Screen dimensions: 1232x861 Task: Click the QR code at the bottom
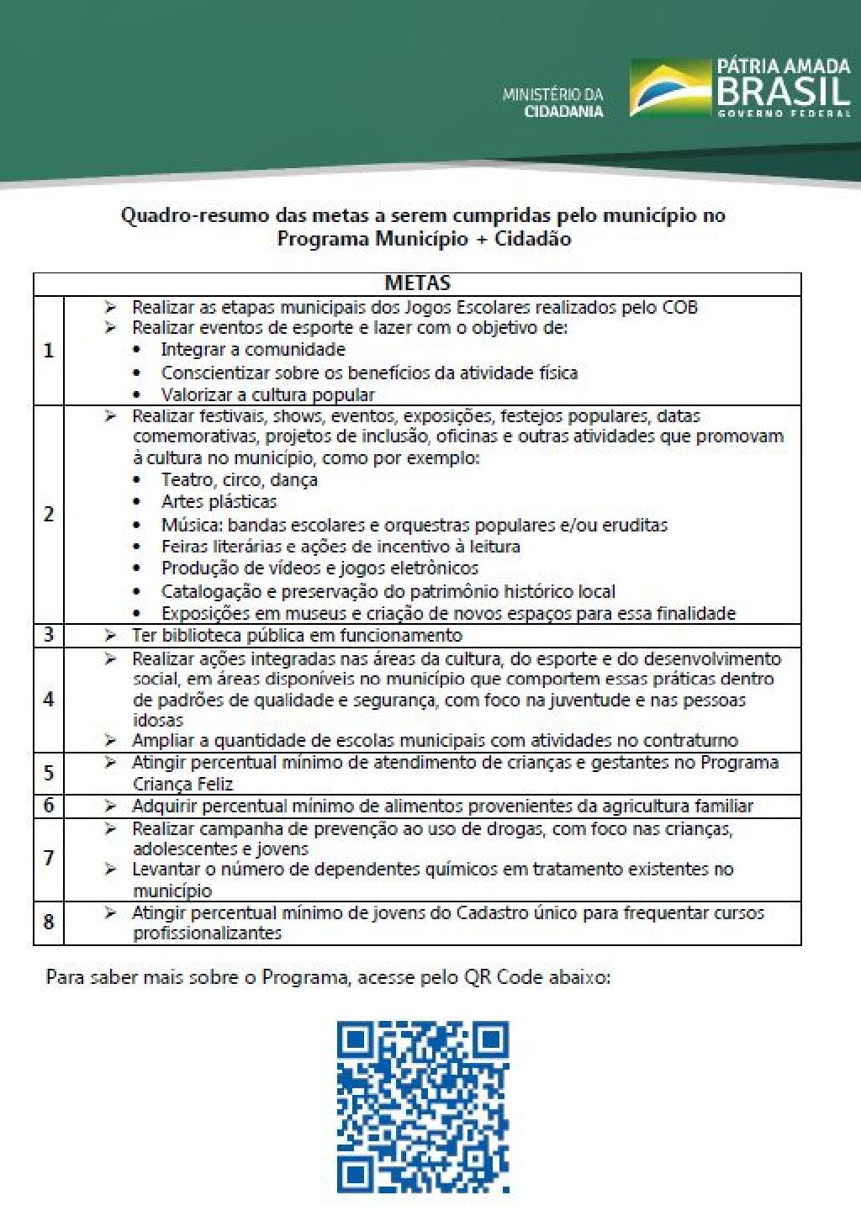point(423,1107)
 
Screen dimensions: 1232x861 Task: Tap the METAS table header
point(417,283)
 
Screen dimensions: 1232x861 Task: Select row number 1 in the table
point(49,351)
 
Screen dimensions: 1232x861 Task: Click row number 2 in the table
point(49,514)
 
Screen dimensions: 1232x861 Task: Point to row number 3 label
point(49,635)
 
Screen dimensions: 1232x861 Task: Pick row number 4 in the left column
point(49,699)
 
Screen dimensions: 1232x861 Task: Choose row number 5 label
point(49,773)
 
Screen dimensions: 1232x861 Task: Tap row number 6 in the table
point(49,806)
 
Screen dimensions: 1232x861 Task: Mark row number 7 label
point(49,859)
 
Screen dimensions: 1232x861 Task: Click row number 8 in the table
point(49,923)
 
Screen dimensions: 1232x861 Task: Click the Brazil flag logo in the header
point(669,87)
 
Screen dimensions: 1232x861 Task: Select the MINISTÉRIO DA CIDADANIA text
point(552,103)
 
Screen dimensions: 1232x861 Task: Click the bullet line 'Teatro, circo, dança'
point(239,480)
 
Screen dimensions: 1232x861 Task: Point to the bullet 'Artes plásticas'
point(219,502)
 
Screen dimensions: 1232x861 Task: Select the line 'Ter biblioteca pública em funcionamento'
point(297,636)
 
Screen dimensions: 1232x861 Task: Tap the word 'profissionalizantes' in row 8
point(207,933)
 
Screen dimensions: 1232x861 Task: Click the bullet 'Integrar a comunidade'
point(253,350)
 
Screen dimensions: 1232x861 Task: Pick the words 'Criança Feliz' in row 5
point(182,785)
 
